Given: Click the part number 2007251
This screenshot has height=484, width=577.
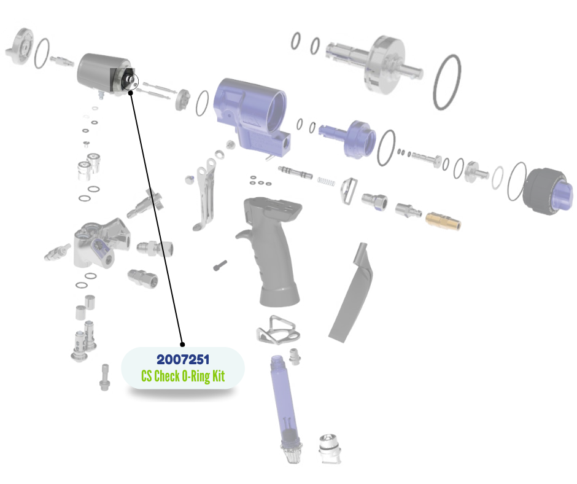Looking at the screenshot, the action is click(183, 359).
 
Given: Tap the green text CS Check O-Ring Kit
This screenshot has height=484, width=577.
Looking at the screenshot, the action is click(183, 376).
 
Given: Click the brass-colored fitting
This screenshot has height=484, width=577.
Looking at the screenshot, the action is click(443, 221).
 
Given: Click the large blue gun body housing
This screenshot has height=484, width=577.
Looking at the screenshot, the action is click(250, 114).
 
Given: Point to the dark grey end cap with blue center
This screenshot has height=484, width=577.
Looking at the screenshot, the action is click(548, 192).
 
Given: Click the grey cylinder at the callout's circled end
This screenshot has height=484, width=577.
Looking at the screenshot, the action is click(105, 74).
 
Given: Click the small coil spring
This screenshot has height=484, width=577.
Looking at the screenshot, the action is click(327, 181).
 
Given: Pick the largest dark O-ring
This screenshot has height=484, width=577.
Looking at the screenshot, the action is click(447, 82).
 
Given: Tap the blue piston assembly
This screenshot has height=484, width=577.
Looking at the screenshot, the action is click(348, 138).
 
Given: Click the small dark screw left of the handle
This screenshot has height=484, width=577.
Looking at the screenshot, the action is click(220, 265).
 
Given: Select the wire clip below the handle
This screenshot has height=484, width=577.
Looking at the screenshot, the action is click(278, 330).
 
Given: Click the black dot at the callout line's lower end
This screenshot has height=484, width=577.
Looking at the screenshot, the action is click(182, 345).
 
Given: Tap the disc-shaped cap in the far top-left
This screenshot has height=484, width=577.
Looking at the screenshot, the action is click(20, 47).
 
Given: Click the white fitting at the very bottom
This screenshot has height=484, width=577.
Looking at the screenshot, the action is click(330, 448).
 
